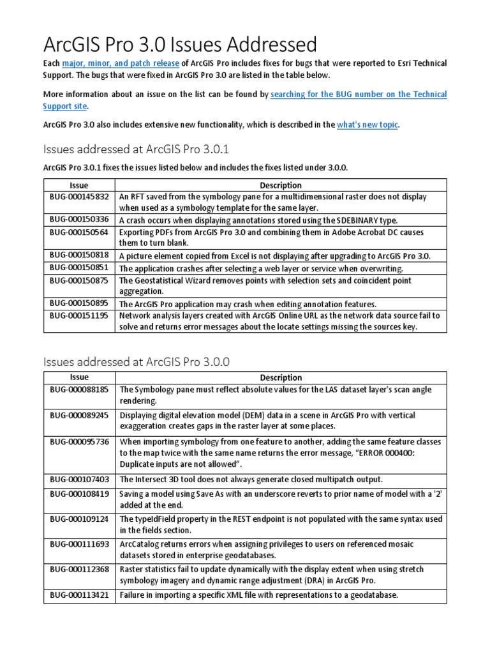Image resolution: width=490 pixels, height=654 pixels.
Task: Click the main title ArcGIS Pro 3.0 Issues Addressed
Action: (x=180, y=44)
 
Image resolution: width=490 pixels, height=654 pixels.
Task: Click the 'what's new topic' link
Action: (x=367, y=125)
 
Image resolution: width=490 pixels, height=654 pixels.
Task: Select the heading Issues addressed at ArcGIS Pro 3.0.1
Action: (x=136, y=149)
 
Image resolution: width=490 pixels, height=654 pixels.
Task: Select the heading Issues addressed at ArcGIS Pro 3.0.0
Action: (x=136, y=361)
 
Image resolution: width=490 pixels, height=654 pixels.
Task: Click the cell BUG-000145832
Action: (x=80, y=197)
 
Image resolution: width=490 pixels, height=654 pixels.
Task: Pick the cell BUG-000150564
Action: (x=80, y=232)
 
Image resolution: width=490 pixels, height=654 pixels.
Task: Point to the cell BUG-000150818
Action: (x=80, y=255)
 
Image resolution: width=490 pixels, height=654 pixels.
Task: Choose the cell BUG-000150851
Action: (x=80, y=268)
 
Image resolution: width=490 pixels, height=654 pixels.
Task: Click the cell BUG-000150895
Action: (x=80, y=303)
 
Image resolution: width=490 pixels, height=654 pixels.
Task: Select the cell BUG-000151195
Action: (x=80, y=316)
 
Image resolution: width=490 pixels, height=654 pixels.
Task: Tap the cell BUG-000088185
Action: (x=80, y=389)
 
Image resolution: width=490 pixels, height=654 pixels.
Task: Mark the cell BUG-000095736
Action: (x=80, y=442)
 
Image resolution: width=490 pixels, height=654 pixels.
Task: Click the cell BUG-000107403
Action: (x=80, y=478)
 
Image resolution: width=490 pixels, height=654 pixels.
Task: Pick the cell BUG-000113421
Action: (x=80, y=595)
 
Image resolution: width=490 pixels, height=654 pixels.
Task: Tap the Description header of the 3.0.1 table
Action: (x=281, y=185)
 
